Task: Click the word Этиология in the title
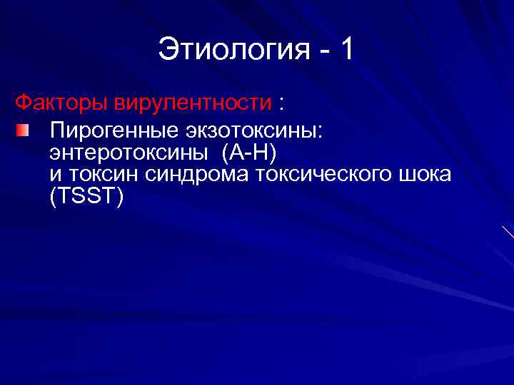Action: (233, 51)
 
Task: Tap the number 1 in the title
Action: (347, 50)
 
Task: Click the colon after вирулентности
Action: (283, 105)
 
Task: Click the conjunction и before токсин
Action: (55, 175)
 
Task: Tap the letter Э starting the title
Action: (166, 51)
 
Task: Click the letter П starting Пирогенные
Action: (56, 131)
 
